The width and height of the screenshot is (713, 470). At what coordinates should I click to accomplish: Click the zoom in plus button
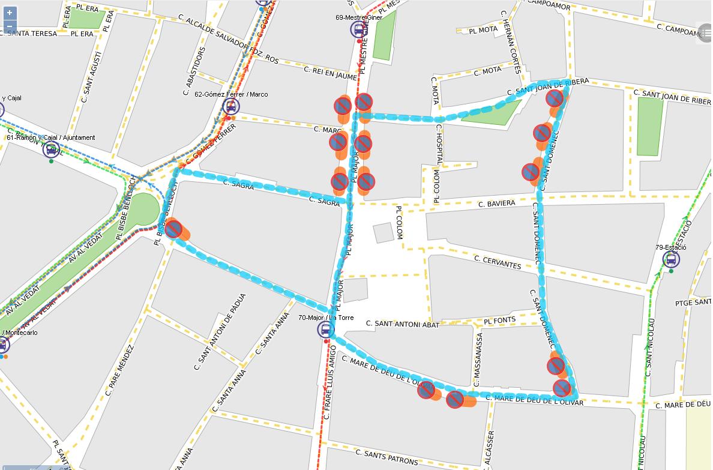[x=10, y=13]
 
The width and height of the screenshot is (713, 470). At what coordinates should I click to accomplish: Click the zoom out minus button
[x=10, y=27]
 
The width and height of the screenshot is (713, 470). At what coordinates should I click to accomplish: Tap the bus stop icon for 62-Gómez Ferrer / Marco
[x=230, y=107]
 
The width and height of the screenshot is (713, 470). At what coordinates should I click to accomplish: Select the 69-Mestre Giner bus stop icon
[x=359, y=29]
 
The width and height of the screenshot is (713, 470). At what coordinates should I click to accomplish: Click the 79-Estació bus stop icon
[x=671, y=260]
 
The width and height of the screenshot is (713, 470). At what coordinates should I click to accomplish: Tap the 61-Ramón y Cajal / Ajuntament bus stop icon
[x=51, y=149]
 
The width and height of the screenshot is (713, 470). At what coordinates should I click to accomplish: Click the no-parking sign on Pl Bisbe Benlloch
[x=173, y=229]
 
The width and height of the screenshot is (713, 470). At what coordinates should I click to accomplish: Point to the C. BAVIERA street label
[x=496, y=204]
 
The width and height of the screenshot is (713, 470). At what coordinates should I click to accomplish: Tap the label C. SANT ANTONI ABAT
[x=403, y=324]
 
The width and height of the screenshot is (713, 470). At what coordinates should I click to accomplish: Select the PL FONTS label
[x=499, y=321]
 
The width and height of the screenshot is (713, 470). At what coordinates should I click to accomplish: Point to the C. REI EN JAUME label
[x=330, y=73]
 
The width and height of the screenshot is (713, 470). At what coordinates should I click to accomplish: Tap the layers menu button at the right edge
[x=706, y=33]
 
